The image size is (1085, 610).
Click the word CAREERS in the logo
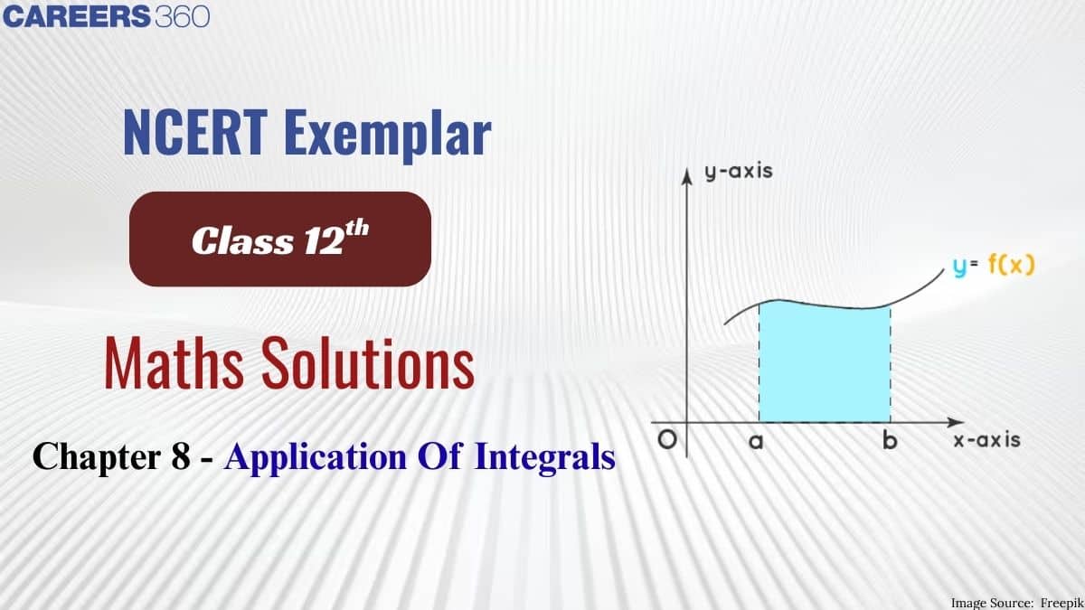[77, 16]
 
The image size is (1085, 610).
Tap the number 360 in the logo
[183, 16]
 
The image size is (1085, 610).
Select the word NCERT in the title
[195, 132]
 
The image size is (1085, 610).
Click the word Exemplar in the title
[388, 136]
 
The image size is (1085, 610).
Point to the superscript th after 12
[357, 229]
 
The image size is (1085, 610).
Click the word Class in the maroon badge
[242, 240]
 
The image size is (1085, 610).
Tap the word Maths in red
[174, 363]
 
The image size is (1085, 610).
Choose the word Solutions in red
[368, 363]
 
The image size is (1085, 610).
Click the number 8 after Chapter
[181, 456]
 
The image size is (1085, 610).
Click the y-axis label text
[739, 172]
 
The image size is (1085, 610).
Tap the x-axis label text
[986, 440]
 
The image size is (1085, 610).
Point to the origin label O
[667, 439]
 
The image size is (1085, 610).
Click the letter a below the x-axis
[756, 441]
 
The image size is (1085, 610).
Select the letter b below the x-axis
[890, 440]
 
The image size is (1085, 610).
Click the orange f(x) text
[1011, 265]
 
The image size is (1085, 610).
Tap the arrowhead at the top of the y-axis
[686, 176]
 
